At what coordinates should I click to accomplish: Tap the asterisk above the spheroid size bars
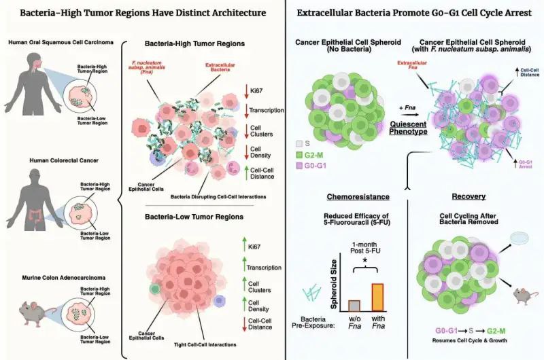click(x=366, y=262)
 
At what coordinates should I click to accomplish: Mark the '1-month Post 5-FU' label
click(x=366, y=247)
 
